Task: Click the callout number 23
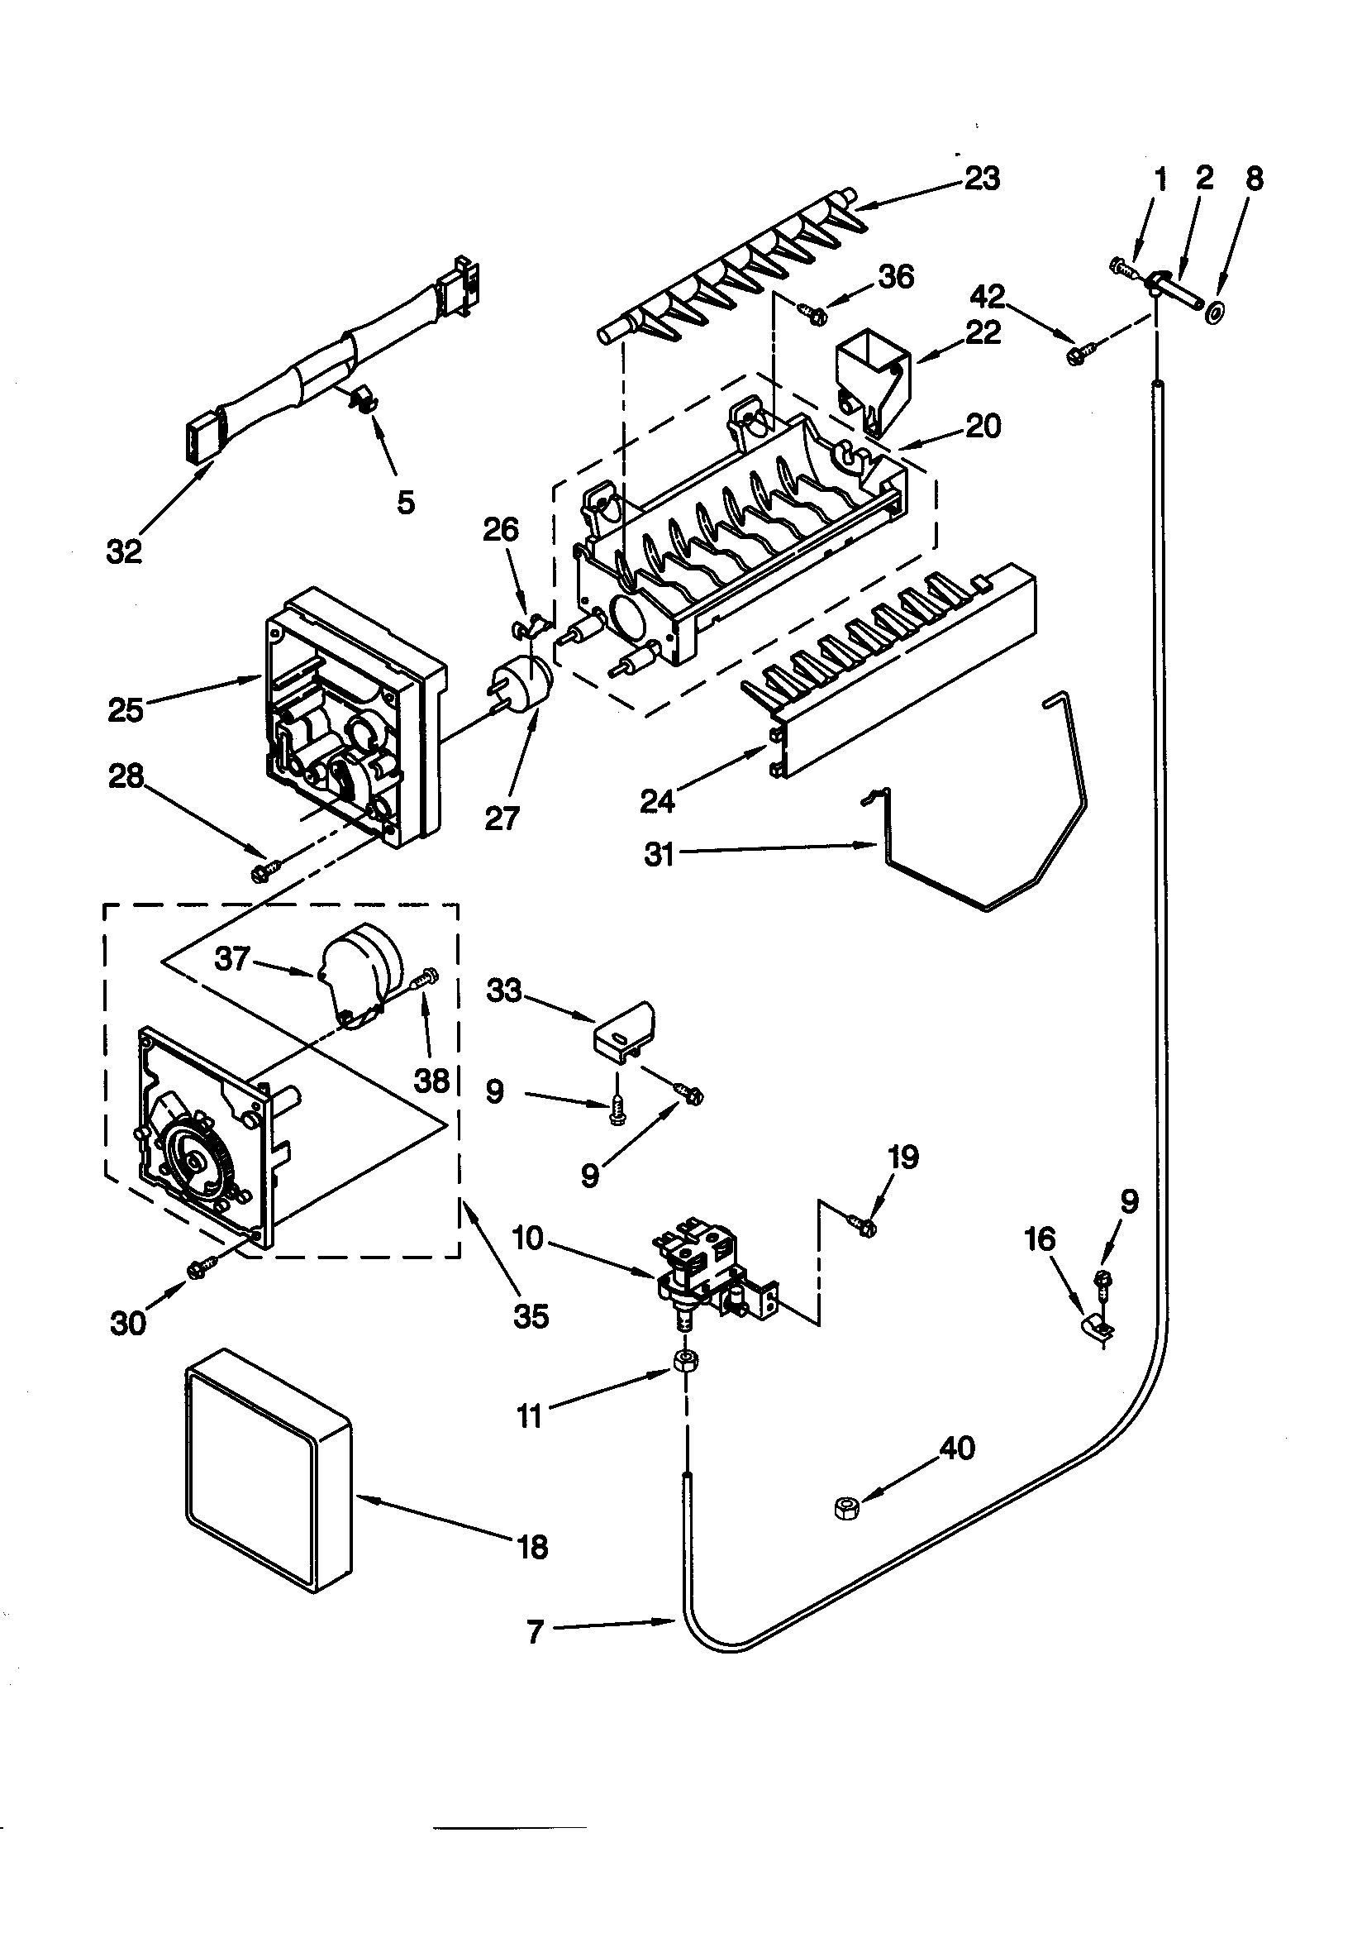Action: coord(981,179)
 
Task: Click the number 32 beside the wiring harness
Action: coord(124,552)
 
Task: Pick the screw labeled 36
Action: coord(814,314)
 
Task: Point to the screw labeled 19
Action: coord(864,1226)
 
